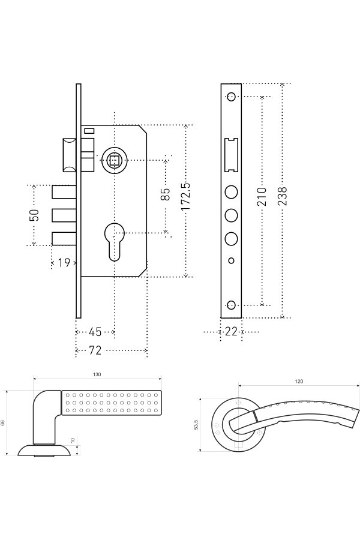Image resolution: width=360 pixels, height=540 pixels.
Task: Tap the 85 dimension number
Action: point(166,194)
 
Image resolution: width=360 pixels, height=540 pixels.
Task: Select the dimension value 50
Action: point(34,215)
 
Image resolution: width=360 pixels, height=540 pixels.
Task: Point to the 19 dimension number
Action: point(65,263)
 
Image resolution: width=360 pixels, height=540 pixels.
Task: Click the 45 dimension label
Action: point(95,332)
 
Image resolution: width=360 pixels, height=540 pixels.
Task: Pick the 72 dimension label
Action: point(95,350)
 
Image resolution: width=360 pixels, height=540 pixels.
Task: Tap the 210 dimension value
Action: point(262,197)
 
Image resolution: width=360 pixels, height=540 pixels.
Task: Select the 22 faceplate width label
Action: point(231,332)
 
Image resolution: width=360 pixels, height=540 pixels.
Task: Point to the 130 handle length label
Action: point(97,374)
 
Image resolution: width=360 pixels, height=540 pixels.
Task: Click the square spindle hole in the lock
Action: point(114,160)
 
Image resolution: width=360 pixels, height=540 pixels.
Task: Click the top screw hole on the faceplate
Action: point(231,97)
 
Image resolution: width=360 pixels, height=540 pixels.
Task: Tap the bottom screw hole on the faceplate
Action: point(231,305)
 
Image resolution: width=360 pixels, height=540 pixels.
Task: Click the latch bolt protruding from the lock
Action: point(68,154)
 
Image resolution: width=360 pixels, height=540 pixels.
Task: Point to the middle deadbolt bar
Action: point(64,215)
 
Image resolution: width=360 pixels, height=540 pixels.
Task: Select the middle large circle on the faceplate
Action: point(231,215)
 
